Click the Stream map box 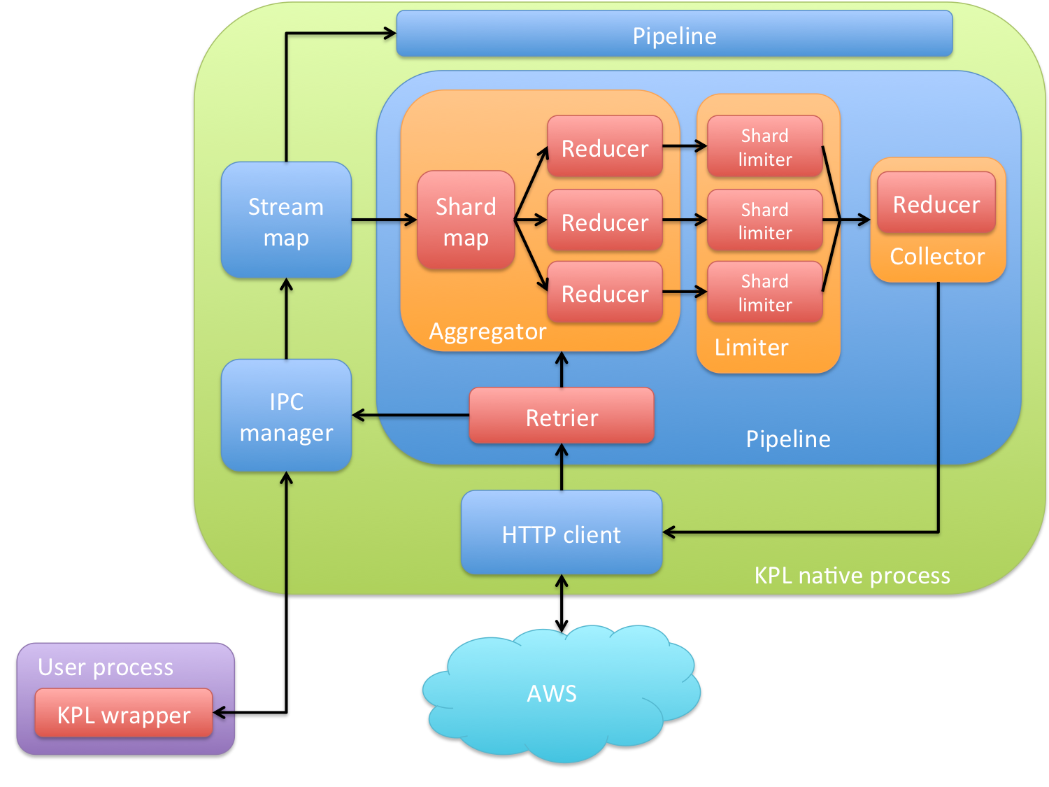286,221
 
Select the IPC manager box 286,416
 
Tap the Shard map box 466,221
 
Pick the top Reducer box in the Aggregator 605,148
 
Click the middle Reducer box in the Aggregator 605,221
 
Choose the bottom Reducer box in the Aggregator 605,293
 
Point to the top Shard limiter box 765,147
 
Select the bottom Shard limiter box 765,292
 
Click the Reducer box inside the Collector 936,204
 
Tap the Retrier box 562,417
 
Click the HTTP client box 562,534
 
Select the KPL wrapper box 124,714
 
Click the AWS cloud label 552,693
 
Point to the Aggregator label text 487,332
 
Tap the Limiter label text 751,347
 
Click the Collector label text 937,256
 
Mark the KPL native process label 852,575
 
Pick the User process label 106,667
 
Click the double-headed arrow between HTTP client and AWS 562,603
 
